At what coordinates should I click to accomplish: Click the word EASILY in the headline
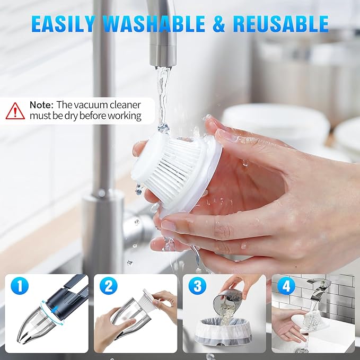(x=63, y=24)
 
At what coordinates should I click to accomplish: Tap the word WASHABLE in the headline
(x=154, y=24)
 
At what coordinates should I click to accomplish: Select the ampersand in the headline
(x=219, y=24)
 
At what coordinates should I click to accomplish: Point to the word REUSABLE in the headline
(x=281, y=24)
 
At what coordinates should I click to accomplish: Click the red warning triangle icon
(x=15, y=111)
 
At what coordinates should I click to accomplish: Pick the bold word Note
(x=41, y=105)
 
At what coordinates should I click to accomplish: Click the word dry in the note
(x=71, y=116)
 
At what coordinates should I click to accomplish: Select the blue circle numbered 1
(x=20, y=286)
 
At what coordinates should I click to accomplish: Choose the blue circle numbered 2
(x=108, y=286)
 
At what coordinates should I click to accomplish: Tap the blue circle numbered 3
(x=197, y=286)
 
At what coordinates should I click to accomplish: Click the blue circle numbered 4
(x=286, y=286)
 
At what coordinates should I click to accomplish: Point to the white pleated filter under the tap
(x=175, y=170)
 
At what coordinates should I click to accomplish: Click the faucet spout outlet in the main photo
(x=163, y=65)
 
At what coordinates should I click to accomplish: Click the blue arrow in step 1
(x=55, y=310)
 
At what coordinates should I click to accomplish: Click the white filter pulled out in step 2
(x=150, y=298)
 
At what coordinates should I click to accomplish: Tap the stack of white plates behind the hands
(x=276, y=122)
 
